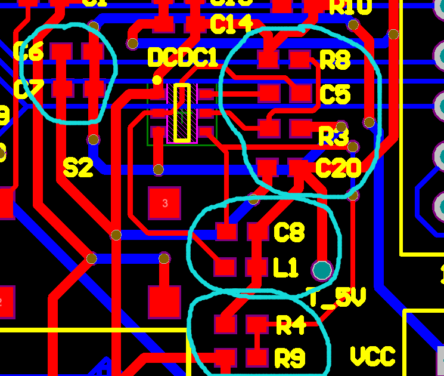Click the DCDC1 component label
(x=182, y=58)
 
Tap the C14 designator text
(x=231, y=25)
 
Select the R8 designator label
(x=335, y=60)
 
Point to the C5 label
(x=335, y=94)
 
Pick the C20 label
(x=338, y=169)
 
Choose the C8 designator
(x=289, y=232)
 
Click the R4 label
(x=291, y=326)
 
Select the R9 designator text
(x=290, y=358)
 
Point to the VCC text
(x=372, y=356)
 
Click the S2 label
(x=78, y=168)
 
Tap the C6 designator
(x=28, y=53)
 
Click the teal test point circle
(x=322, y=270)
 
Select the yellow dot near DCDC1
(x=157, y=80)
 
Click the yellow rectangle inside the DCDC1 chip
(x=182, y=113)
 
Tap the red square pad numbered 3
(x=165, y=204)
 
